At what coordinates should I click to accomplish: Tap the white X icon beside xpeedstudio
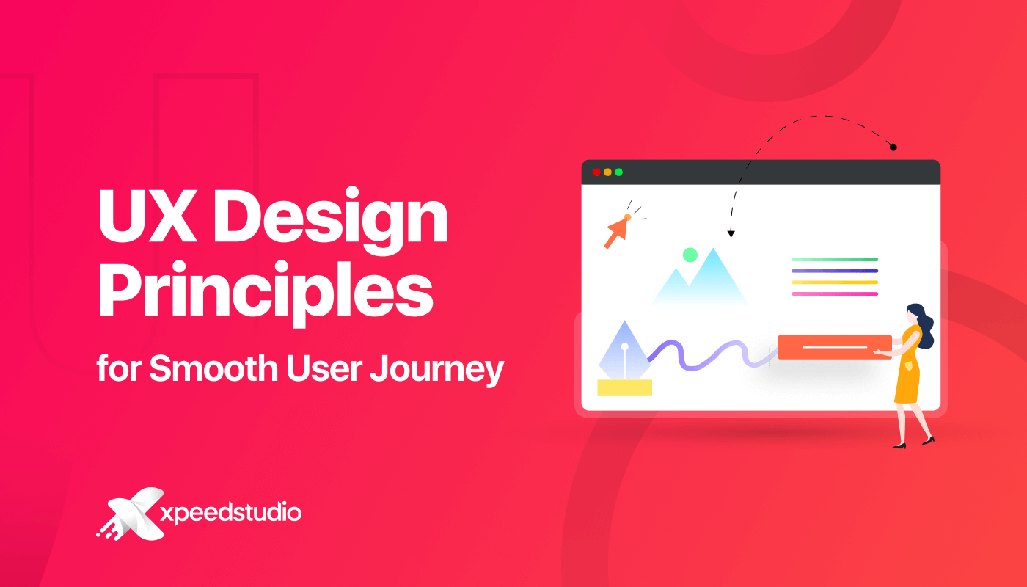point(133,514)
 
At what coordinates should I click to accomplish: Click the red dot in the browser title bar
point(596,172)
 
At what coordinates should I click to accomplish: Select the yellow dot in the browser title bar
point(607,172)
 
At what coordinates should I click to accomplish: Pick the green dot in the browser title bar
point(618,172)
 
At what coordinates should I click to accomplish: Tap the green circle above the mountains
point(690,255)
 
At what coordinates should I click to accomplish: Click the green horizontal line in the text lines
point(835,260)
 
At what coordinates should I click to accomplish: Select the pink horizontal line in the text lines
point(835,294)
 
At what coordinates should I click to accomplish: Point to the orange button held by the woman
point(834,347)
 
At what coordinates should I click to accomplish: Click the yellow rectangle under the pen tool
point(624,387)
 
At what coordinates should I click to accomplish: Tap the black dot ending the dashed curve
point(893,147)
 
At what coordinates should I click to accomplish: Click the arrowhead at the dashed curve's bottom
point(731,234)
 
